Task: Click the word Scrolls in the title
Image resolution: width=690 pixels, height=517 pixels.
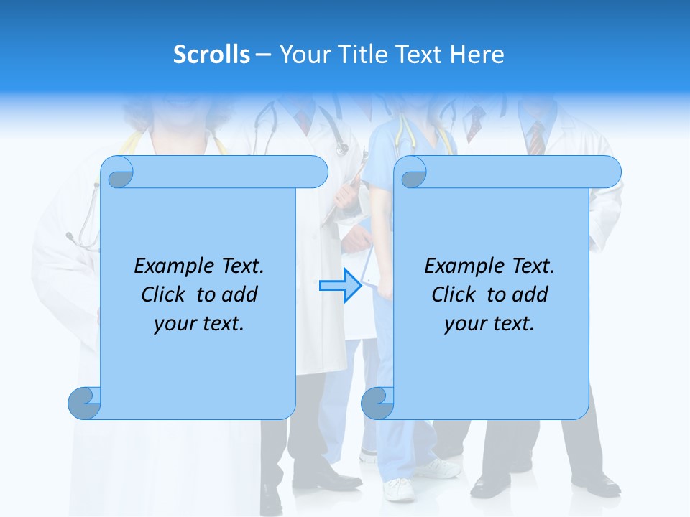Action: click(x=211, y=55)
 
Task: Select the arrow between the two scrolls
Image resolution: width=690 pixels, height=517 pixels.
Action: click(x=340, y=286)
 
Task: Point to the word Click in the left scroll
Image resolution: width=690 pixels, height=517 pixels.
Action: click(x=165, y=294)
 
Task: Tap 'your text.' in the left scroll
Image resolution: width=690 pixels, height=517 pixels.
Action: click(x=199, y=324)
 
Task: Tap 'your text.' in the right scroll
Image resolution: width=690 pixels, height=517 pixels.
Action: click(x=489, y=324)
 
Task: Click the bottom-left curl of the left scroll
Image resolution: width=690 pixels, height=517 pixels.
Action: click(x=84, y=404)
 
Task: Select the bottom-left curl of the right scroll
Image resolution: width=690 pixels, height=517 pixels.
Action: click(x=377, y=404)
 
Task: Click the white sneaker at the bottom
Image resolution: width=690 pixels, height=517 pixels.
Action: click(x=399, y=490)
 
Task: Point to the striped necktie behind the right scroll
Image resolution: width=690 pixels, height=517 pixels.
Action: click(x=536, y=138)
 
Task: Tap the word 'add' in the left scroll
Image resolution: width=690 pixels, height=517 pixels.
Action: click(x=241, y=294)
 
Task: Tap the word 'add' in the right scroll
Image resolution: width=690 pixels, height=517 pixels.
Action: click(x=531, y=294)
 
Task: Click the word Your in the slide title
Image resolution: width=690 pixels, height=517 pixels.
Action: click(x=304, y=55)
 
